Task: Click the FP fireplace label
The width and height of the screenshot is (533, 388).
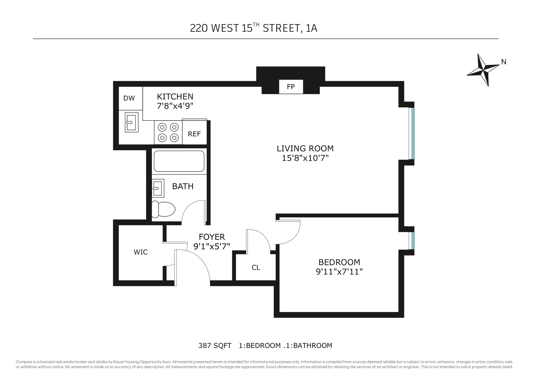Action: tap(291, 87)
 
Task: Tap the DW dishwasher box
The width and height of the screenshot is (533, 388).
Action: tap(129, 98)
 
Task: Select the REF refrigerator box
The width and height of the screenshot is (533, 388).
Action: tap(194, 134)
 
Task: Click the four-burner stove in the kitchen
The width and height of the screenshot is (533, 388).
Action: tap(168, 132)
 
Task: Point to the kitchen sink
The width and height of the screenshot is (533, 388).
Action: tap(131, 122)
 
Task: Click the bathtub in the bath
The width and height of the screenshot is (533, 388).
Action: tap(179, 161)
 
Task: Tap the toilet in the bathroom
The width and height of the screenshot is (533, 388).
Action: tap(162, 209)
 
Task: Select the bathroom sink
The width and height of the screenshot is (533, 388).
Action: tap(157, 189)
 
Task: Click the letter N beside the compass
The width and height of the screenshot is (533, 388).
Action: tap(504, 62)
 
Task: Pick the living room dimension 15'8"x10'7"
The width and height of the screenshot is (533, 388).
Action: tap(305, 158)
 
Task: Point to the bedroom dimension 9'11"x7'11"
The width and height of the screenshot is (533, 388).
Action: tap(339, 272)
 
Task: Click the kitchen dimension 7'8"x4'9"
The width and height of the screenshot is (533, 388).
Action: tap(175, 106)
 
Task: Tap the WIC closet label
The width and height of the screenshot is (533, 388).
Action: tap(140, 252)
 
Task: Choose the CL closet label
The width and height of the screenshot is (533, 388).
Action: tap(256, 267)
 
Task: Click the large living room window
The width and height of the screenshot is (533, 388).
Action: tap(412, 133)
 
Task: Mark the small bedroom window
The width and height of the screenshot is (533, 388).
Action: tap(412, 241)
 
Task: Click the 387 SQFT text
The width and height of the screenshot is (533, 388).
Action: tap(215, 345)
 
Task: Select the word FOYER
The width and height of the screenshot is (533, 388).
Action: tap(212, 237)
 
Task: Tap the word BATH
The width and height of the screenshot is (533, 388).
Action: tap(183, 186)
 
